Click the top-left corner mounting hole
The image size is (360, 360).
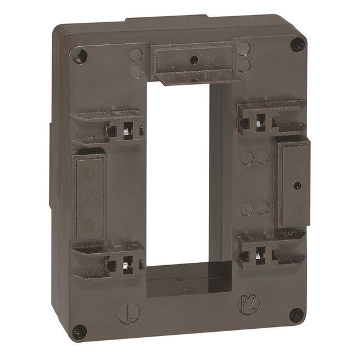click(79, 56)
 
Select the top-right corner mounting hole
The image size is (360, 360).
click(297, 44)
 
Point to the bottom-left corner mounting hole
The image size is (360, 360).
click(79, 331)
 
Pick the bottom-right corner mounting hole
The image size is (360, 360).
click(296, 315)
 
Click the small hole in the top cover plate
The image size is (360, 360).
click(193, 60)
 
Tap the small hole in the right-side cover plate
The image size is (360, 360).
click(296, 186)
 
